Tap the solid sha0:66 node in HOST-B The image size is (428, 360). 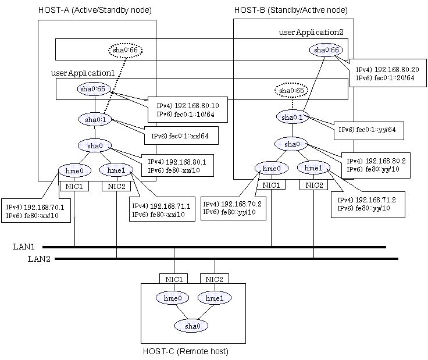(x=326, y=51)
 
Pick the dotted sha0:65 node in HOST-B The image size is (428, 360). (x=292, y=91)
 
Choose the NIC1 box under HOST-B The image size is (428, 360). (x=271, y=185)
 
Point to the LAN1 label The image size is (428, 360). (x=24, y=247)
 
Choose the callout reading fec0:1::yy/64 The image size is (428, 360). (x=367, y=129)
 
